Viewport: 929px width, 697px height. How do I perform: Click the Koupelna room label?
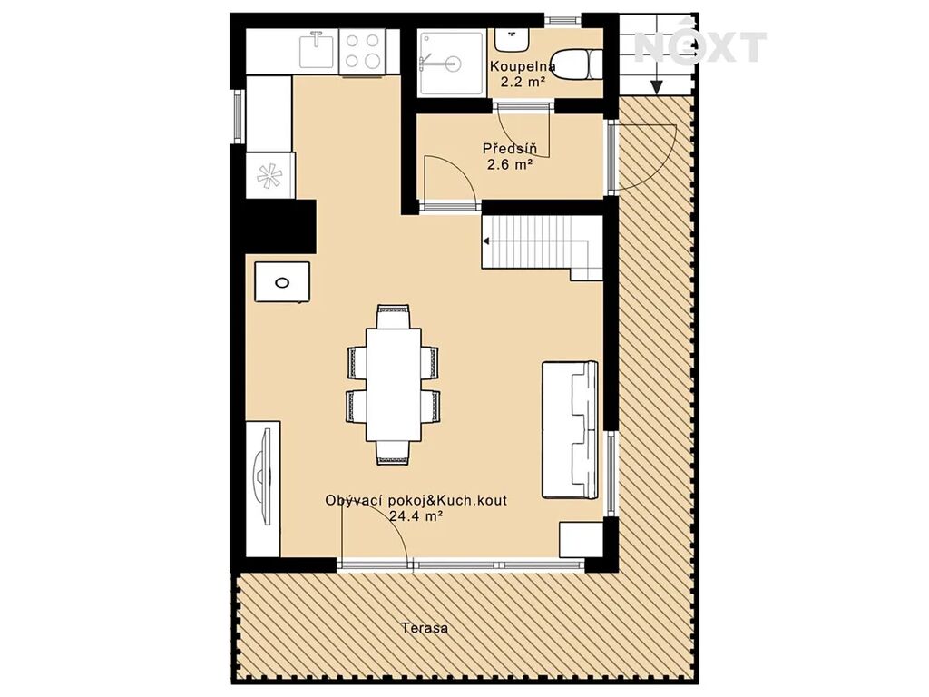[523, 66]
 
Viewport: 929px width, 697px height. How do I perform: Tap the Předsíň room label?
[510, 148]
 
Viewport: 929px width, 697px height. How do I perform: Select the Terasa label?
[425, 628]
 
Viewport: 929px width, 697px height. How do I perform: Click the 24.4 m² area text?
[416, 515]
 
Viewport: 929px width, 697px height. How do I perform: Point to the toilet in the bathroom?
[580, 64]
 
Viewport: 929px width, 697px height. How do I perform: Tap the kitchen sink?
[318, 50]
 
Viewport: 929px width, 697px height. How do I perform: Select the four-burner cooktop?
[363, 51]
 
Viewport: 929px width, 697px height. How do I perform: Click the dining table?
[394, 384]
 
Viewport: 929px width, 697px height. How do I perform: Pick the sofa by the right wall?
[570, 429]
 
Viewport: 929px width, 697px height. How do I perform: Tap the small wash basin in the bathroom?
[512, 39]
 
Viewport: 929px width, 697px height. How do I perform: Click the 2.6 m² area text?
[508, 165]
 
